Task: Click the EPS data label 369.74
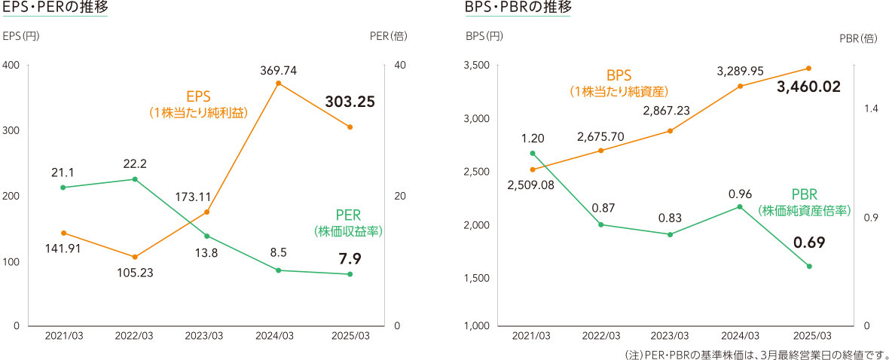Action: click(278, 70)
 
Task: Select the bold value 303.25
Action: click(350, 102)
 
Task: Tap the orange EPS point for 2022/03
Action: click(135, 257)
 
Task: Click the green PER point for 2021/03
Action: click(63, 188)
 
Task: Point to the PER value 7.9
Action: click(350, 258)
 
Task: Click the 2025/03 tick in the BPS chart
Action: click(810, 335)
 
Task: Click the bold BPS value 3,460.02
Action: click(808, 87)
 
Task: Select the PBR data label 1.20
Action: click(532, 139)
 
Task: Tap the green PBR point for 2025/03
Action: click(810, 266)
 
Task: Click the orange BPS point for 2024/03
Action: click(740, 86)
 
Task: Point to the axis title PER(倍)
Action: click(389, 35)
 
